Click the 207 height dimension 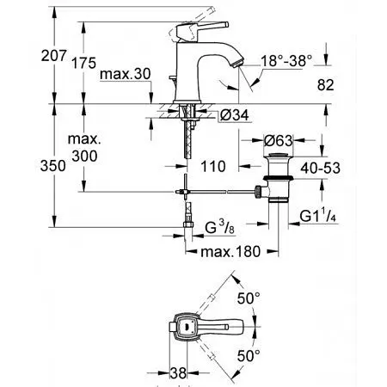pyautogui.click(x=53, y=56)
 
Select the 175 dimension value pyautogui.click(x=83, y=63)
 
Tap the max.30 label pyautogui.click(x=126, y=74)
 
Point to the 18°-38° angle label pyautogui.click(x=286, y=61)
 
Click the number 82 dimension pyautogui.click(x=326, y=85)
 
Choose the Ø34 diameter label pyautogui.click(x=235, y=115)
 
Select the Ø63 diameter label pyautogui.click(x=278, y=140)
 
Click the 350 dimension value pyautogui.click(x=53, y=166)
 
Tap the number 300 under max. pyautogui.click(x=84, y=157)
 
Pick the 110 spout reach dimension pyautogui.click(x=213, y=167)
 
